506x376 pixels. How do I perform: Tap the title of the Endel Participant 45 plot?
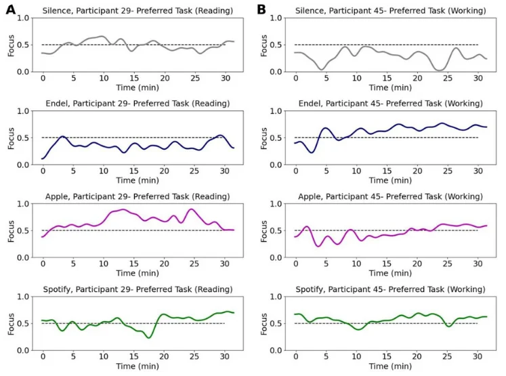coord(389,104)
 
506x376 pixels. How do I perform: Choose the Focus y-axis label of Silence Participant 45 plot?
coord(262,45)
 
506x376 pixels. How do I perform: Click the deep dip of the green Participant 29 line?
coord(149,337)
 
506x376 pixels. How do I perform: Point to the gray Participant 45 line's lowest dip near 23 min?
coord(441,70)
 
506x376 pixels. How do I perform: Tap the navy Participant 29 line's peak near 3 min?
coord(62,136)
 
